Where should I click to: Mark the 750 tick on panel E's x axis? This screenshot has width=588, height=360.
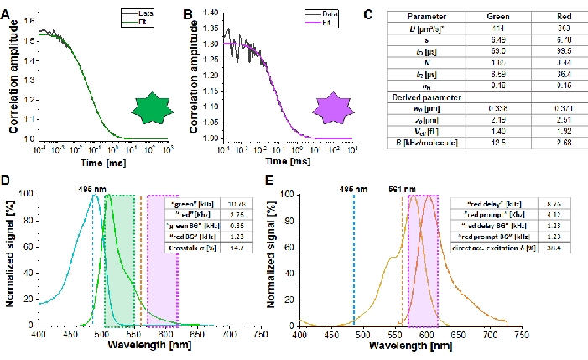click(x=522, y=334)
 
